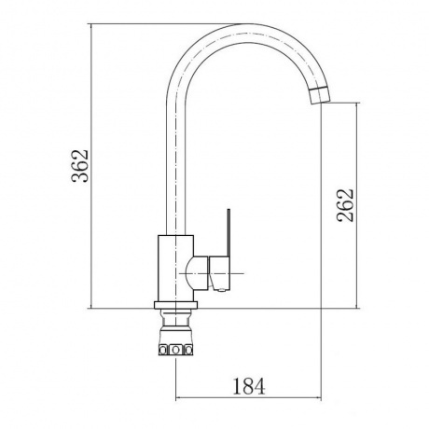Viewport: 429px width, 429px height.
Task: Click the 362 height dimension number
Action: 80,166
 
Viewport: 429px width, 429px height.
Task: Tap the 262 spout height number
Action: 345,205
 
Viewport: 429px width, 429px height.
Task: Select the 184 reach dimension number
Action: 249,386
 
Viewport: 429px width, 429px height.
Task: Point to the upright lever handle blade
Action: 228,232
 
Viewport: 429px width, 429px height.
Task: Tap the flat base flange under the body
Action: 175,305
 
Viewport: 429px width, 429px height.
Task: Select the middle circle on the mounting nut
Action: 176,350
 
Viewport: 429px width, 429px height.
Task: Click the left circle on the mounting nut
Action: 163,351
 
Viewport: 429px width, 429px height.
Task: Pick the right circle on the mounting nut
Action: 188,351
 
